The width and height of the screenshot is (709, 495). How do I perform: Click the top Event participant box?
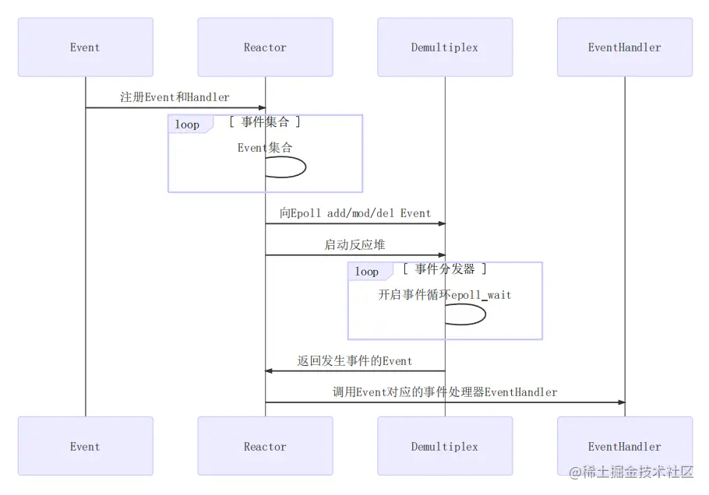(x=85, y=47)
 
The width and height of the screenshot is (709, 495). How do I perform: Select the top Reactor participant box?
(x=265, y=47)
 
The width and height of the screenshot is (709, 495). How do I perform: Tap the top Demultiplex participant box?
(x=445, y=47)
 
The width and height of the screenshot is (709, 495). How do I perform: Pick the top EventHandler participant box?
(x=624, y=47)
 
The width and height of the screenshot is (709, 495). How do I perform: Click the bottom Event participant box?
(x=85, y=446)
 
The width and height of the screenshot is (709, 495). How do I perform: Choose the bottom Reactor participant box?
(x=265, y=446)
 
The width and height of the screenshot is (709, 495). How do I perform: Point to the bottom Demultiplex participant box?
(x=445, y=446)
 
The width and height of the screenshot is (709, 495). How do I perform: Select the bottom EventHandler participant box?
(x=624, y=446)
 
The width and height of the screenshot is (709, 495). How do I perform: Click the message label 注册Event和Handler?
(x=175, y=97)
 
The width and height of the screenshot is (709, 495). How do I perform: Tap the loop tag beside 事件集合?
(x=187, y=125)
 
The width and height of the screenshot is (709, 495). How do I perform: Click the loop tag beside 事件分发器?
(x=367, y=272)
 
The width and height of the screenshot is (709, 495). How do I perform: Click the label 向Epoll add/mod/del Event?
(x=354, y=213)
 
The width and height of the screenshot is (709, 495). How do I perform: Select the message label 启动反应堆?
(x=354, y=244)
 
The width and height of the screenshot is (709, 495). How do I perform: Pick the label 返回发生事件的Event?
(x=354, y=361)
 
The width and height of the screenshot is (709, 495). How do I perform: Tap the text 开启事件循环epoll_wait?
(x=445, y=295)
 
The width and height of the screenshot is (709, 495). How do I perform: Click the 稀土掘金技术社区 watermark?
(x=630, y=472)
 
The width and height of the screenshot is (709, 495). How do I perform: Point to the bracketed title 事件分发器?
(x=445, y=269)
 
